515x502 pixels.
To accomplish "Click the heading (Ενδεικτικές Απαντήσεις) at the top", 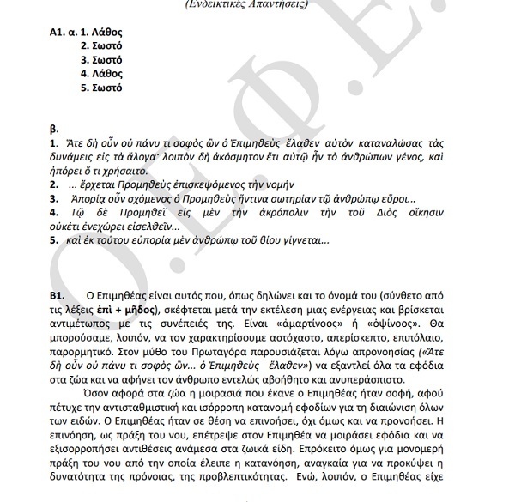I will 258,4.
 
